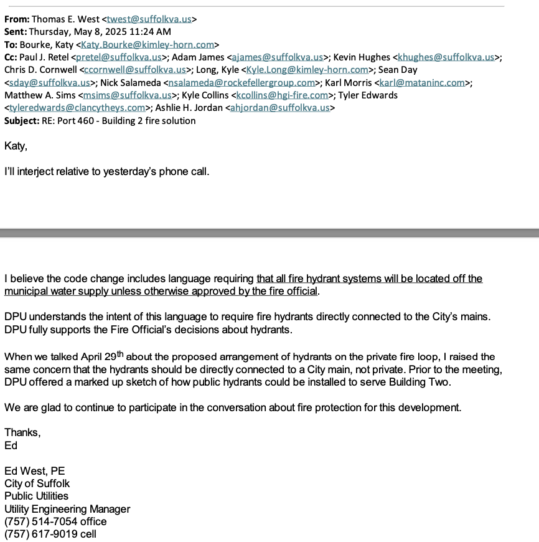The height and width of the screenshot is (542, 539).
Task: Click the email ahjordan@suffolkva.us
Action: point(280,108)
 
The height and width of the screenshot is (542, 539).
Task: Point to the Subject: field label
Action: point(22,121)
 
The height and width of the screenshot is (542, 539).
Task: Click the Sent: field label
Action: point(16,32)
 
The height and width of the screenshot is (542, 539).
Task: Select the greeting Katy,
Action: point(16,146)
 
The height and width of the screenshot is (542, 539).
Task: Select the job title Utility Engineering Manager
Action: point(67,509)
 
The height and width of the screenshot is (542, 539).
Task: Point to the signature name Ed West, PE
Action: point(35,471)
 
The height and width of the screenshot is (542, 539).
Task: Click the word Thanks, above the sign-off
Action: point(22,433)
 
